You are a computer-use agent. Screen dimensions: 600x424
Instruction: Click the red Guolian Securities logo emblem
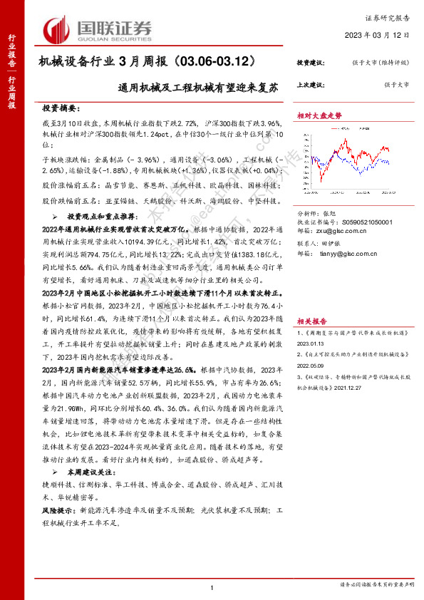[59, 29]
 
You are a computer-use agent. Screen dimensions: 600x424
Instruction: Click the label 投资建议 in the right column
[310, 63]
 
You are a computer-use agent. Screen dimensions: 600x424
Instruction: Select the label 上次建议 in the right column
[310, 85]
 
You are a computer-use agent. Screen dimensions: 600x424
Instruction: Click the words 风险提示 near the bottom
[60, 511]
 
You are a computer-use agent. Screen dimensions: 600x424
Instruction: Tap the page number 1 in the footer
[212, 586]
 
